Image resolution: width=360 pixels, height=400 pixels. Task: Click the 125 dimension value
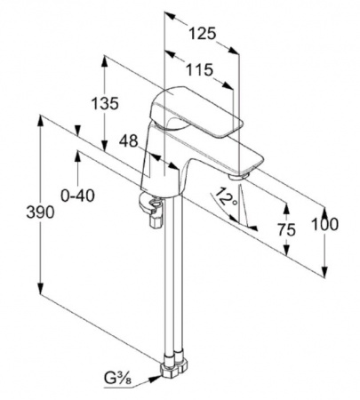[x=203, y=33]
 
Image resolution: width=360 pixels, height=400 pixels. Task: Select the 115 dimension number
[x=199, y=70]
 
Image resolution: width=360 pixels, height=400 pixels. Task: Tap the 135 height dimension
[x=105, y=103]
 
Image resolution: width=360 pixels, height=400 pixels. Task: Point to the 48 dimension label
[x=129, y=141]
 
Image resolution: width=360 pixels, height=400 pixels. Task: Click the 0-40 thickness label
[x=78, y=196]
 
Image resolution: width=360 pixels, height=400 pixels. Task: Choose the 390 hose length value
[x=40, y=212]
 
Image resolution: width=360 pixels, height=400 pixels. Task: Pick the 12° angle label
[x=226, y=198]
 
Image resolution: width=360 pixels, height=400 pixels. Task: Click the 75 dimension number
[x=286, y=229]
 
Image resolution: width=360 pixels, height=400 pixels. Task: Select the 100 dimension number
[x=324, y=224]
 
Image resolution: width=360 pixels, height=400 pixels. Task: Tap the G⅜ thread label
[x=117, y=379]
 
